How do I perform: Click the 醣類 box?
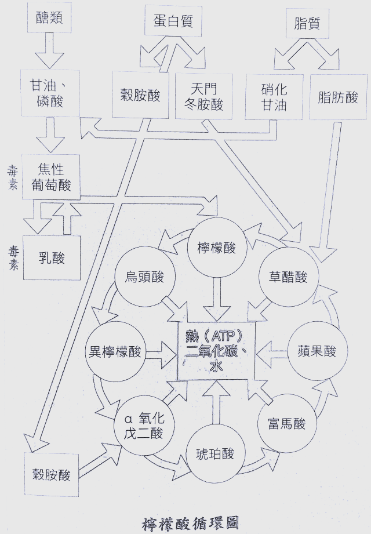click(x=49, y=20)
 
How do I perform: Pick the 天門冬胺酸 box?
click(x=199, y=96)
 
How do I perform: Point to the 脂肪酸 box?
click(x=339, y=97)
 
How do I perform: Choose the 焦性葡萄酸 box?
click(x=51, y=177)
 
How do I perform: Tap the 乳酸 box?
click(x=52, y=257)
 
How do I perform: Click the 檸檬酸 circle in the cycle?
click(x=213, y=248)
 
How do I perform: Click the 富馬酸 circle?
click(x=282, y=424)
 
